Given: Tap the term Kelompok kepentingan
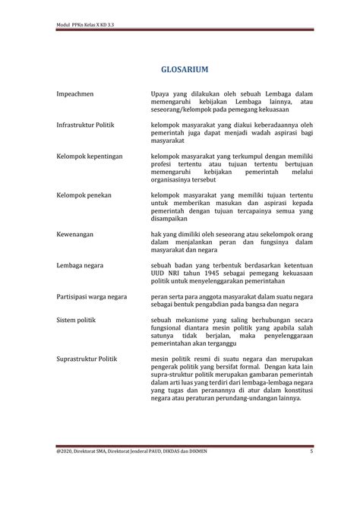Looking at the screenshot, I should click(x=90, y=156).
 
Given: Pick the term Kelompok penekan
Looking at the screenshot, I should click(x=84, y=195).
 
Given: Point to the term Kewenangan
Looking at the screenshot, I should click(x=75, y=235).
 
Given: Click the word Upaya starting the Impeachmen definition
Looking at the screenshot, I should click(x=162, y=93).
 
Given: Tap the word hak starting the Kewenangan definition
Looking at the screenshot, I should click(x=156, y=235).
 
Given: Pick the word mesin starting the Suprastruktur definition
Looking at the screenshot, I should click(x=161, y=357).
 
